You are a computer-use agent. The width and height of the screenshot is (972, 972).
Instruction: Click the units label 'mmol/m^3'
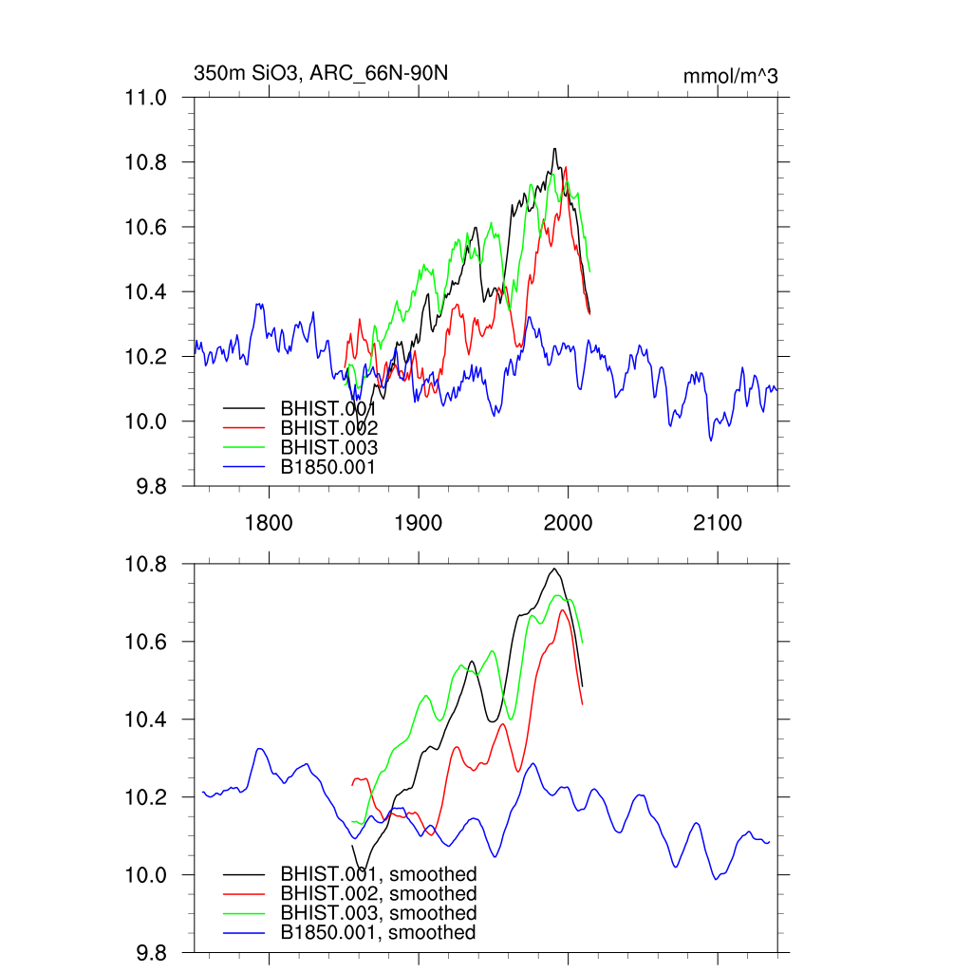(730, 76)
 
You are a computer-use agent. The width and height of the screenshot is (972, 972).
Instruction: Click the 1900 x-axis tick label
(419, 523)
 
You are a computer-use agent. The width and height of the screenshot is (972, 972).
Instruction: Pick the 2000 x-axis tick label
(568, 523)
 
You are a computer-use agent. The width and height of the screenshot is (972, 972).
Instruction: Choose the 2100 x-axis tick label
(718, 523)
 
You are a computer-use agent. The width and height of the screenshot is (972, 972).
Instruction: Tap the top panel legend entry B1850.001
(328, 467)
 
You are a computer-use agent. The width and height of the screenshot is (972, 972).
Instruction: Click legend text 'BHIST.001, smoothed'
(378, 873)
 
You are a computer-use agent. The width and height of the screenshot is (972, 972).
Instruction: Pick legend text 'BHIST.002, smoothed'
(378, 893)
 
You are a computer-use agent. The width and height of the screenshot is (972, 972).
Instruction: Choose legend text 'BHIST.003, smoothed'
(378, 913)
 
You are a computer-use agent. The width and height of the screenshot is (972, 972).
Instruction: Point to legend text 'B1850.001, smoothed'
(378, 933)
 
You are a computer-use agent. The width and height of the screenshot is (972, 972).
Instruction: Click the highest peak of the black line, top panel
(554, 149)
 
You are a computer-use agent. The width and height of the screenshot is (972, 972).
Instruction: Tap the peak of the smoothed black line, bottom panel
(554, 569)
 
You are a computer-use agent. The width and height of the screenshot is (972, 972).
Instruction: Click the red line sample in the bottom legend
(243, 893)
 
